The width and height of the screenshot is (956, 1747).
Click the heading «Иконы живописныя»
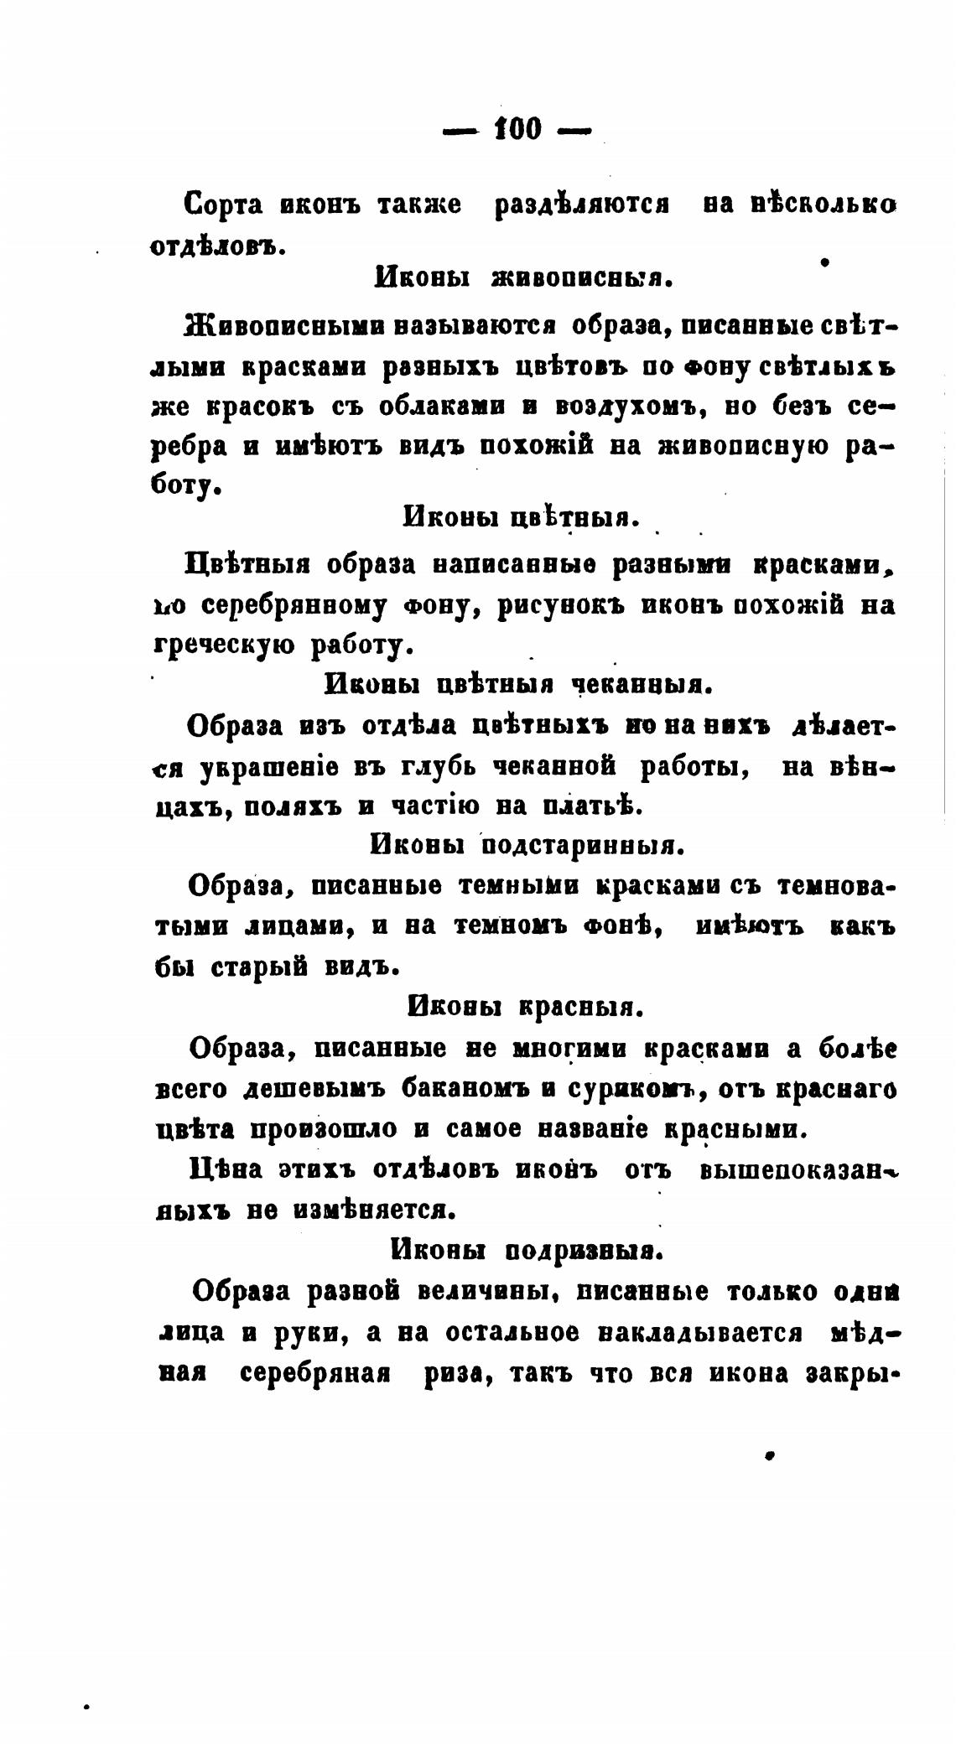coord(523,277)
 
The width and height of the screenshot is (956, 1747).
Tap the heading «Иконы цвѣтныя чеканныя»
coord(517,685)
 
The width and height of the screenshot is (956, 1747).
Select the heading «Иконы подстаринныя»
coord(527,846)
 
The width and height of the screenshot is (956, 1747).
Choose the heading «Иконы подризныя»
coord(527,1251)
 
